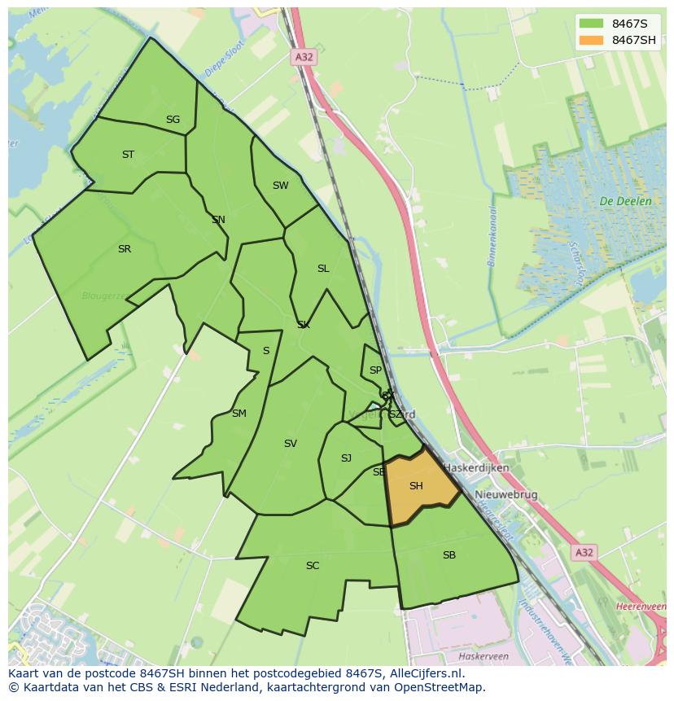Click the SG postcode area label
point(173,120)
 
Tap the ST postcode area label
point(128,155)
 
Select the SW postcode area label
point(280,186)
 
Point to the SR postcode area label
point(124,249)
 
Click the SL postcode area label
point(323,269)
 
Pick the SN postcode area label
point(218,220)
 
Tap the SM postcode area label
point(239,414)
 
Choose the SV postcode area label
point(291,444)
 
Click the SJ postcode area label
point(346,458)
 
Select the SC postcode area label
point(313,566)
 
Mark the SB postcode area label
point(449,555)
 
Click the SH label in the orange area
point(416,486)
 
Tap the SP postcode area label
point(375,370)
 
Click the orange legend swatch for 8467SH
point(592,40)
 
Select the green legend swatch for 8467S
point(592,23)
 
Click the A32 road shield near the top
point(304,57)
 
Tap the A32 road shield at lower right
point(584,553)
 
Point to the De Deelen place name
point(625,201)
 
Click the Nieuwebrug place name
point(506,495)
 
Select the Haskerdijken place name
point(476,468)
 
